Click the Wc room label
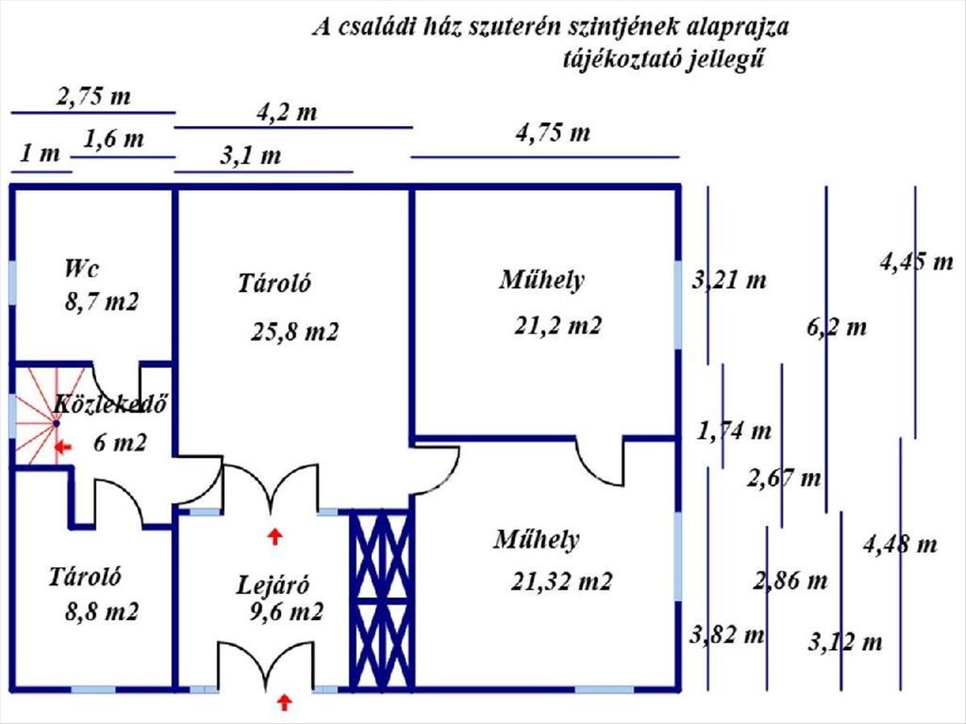82,269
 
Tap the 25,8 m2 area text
295,331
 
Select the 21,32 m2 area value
562,582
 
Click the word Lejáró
273,585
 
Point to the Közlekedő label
110,404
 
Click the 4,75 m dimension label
553,133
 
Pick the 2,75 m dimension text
93,97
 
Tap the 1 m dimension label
40,154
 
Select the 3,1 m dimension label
250,156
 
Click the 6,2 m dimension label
836,327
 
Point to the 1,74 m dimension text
734,431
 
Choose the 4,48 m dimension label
900,545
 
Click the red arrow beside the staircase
63,448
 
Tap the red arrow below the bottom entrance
285,702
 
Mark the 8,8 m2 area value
101,611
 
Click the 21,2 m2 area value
558,326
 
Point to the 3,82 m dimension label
727,635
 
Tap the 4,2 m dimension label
287,113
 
